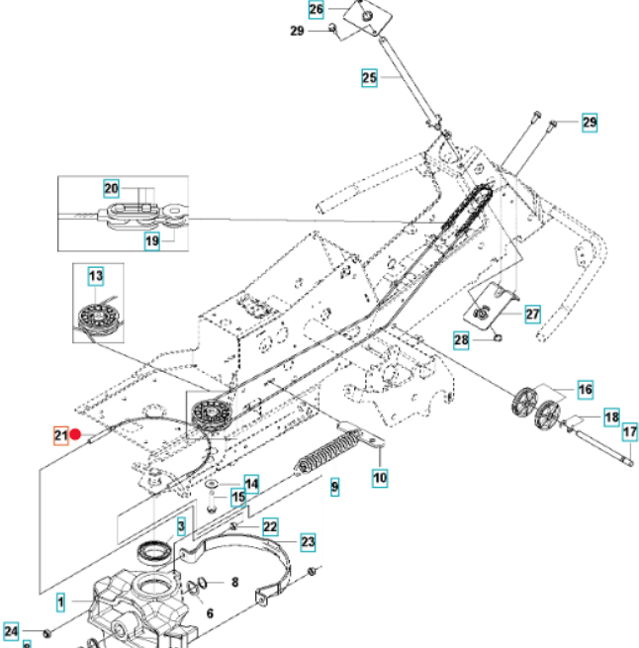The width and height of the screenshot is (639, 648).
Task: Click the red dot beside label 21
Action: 76,434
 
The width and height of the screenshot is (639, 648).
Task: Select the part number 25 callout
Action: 368,77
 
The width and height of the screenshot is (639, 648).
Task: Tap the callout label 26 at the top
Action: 316,10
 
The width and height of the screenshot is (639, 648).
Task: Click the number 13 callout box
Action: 95,275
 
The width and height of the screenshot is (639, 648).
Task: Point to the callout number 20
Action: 112,188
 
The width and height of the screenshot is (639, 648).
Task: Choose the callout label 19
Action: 151,240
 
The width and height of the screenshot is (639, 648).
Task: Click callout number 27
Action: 532,315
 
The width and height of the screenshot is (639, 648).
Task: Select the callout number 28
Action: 461,340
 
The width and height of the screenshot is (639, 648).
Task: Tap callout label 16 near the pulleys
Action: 585,391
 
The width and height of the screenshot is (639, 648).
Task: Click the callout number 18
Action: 611,417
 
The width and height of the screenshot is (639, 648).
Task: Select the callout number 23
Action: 308,541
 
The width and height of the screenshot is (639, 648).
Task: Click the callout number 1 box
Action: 60,601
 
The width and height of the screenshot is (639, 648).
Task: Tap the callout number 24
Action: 11,630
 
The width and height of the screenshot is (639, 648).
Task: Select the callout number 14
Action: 251,484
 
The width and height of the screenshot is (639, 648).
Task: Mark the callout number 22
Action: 269,527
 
